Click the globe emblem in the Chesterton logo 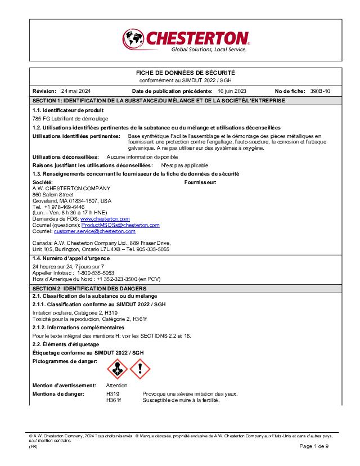(133, 39)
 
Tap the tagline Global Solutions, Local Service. (209, 50)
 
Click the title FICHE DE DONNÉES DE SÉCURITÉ (186, 73)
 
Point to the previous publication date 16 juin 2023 (232, 91)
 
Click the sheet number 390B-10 (320, 91)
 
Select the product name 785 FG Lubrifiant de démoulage (70, 119)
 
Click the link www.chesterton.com (105, 218)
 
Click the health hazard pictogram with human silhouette (117, 369)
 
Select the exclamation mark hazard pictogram (140, 369)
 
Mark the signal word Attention (116, 386)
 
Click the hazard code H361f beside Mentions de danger (113, 400)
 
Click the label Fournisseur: (201, 183)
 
